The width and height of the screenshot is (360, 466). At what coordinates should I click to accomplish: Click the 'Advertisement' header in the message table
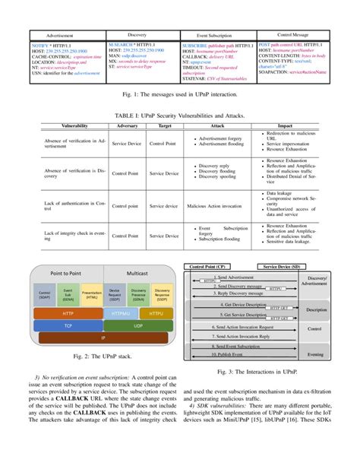pyautogui.click(x=60, y=36)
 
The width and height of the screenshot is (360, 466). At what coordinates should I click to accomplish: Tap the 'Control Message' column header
pyautogui.click(x=292, y=35)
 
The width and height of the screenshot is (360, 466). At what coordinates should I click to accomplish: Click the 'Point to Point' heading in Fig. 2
pyautogui.click(x=67, y=271)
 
